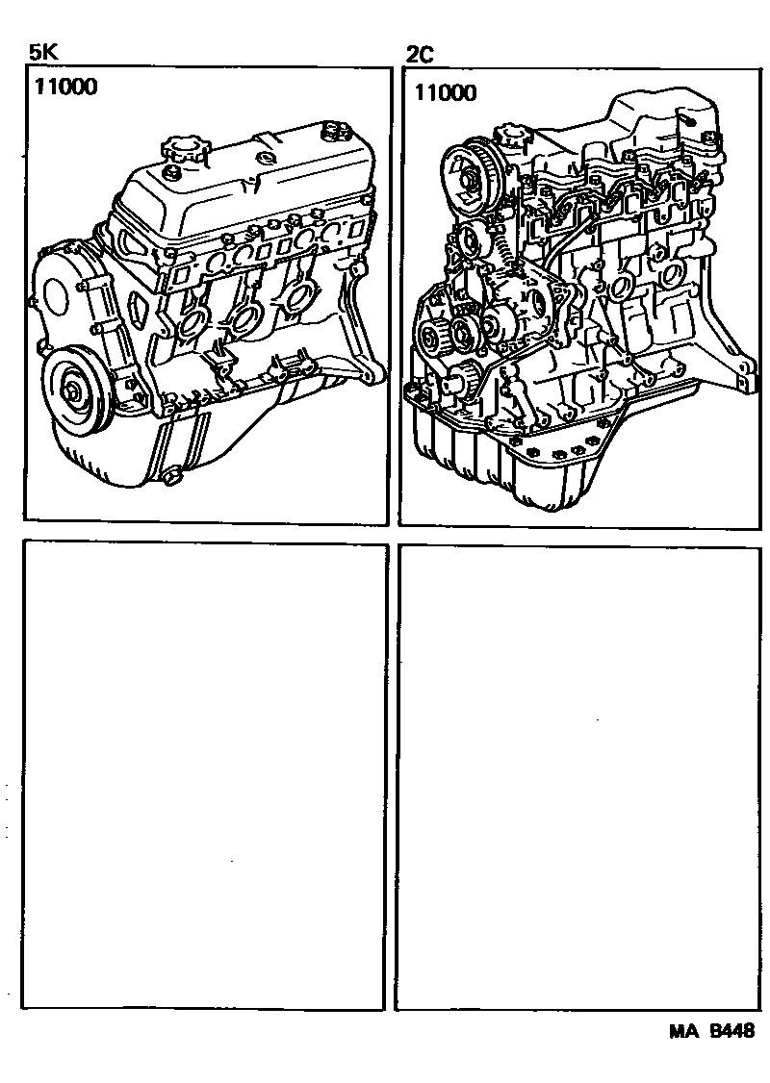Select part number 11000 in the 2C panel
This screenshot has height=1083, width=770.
click(445, 92)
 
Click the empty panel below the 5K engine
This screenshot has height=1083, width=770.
click(205, 775)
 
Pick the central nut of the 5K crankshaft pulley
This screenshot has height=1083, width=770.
click(74, 392)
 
